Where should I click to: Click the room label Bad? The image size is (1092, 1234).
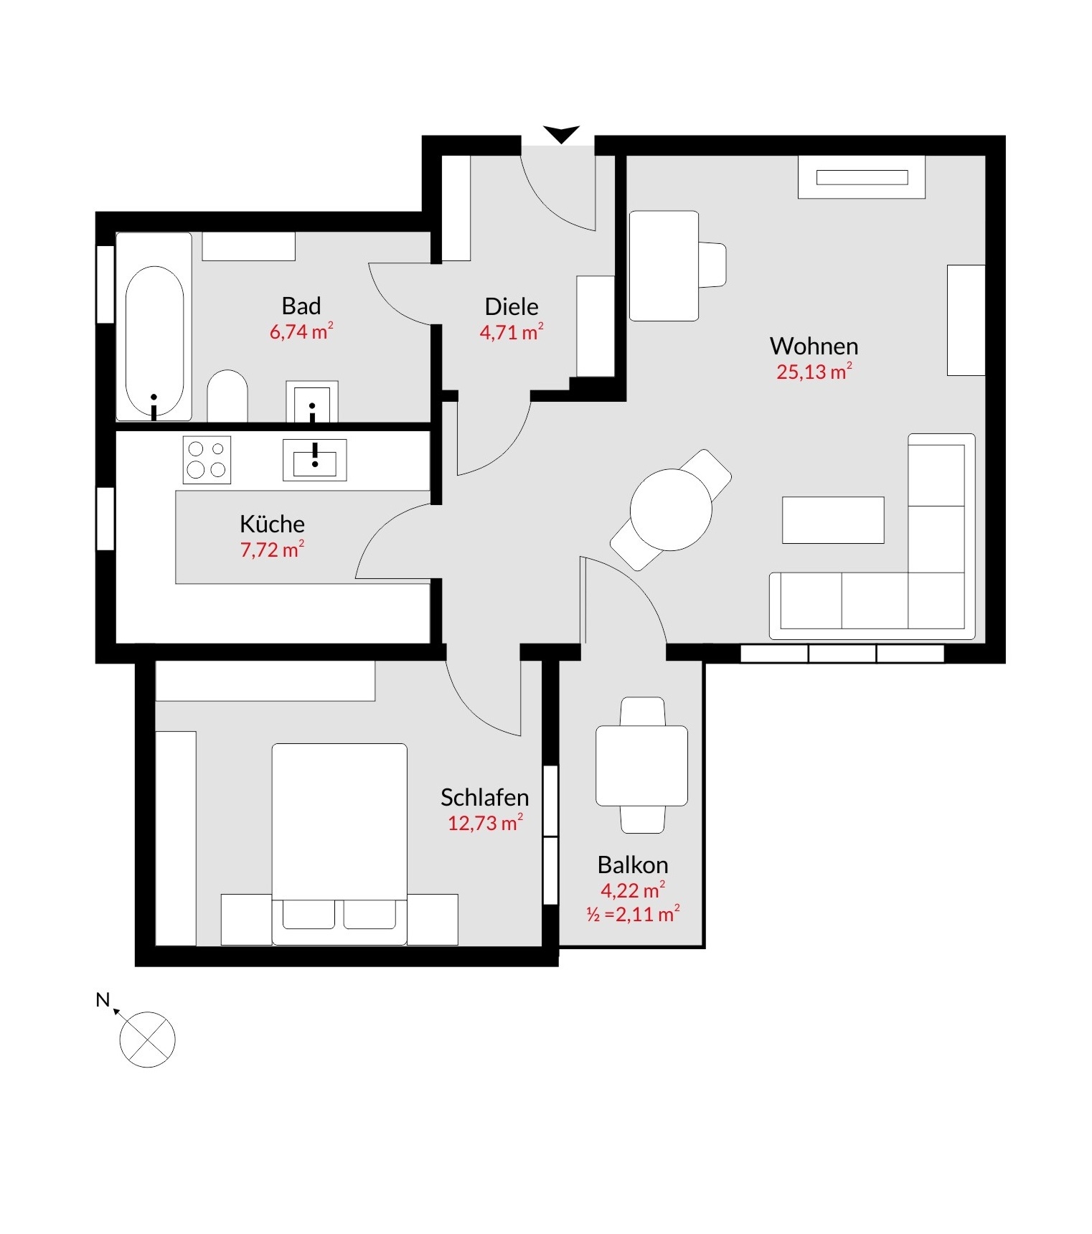pyautogui.click(x=301, y=306)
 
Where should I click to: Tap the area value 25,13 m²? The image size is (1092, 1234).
pyautogui.click(x=814, y=372)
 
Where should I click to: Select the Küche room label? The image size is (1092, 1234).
pyautogui.click(x=272, y=524)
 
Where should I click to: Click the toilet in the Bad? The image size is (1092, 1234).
pyautogui.click(x=227, y=396)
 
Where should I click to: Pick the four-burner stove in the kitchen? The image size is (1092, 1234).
pyautogui.click(x=207, y=459)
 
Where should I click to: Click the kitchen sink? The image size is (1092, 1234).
pyautogui.click(x=315, y=460)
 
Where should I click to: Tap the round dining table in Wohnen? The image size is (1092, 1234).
pyautogui.click(x=671, y=510)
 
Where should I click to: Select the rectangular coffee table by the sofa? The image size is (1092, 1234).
pyautogui.click(x=833, y=520)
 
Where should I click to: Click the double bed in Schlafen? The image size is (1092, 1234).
pyautogui.click(x=339, y=844)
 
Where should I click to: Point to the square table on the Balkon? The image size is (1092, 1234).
pyautogui.click(x=642, y=766)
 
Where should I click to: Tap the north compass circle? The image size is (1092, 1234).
pyautogui.click(x=147, y=1040)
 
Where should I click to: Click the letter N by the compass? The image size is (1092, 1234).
pyautogui.click(x=103, y=999)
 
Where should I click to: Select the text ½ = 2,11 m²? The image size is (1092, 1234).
pyautogui.click(x=633, y=914)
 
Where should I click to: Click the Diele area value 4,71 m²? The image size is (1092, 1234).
pyautogui.click(x=512, y=332)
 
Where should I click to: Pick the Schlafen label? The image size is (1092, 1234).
pyautogui.click(x=485, y=797)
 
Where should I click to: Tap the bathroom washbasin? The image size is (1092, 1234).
pyautogui.click(x=312, y=402)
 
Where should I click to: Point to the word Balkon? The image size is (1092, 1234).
pyautogui.click(x=633, y=865)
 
